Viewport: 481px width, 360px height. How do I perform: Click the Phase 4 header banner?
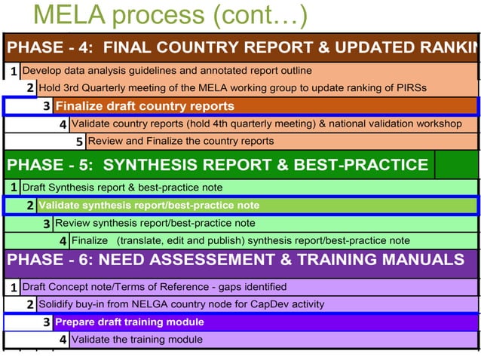(241, 47)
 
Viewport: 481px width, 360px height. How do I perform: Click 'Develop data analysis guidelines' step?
(167, 71)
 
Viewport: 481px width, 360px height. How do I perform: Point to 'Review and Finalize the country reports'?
(181, 141)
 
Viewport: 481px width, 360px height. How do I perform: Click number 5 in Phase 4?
(80, 142)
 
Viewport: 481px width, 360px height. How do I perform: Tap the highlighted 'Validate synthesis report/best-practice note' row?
(149, 205)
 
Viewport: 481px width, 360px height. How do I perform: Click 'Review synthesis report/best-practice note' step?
(155, 223)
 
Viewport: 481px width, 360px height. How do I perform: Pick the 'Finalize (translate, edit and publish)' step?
(241, 241)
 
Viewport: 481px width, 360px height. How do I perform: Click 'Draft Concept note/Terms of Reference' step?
(155, 287)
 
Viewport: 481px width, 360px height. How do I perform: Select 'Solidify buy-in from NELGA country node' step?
(181, 304)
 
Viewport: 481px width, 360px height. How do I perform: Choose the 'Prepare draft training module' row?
(130, 322)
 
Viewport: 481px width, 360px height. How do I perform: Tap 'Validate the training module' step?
(136, 340)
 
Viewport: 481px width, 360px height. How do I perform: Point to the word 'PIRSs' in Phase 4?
(411, 87)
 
